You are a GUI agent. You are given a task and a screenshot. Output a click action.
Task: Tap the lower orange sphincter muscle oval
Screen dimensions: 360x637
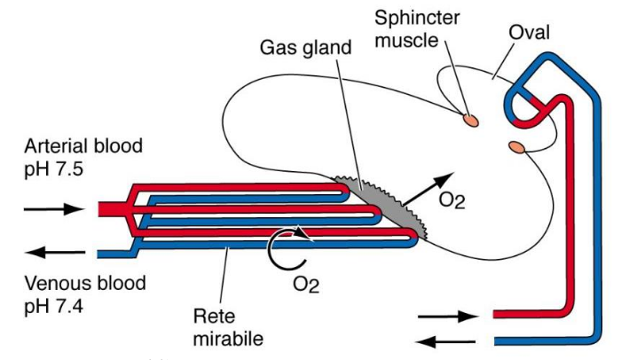pyautogui.click(x=516, y=146)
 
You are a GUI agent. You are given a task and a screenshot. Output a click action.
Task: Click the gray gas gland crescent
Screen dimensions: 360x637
pyautogui.click(x=373, y=204)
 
